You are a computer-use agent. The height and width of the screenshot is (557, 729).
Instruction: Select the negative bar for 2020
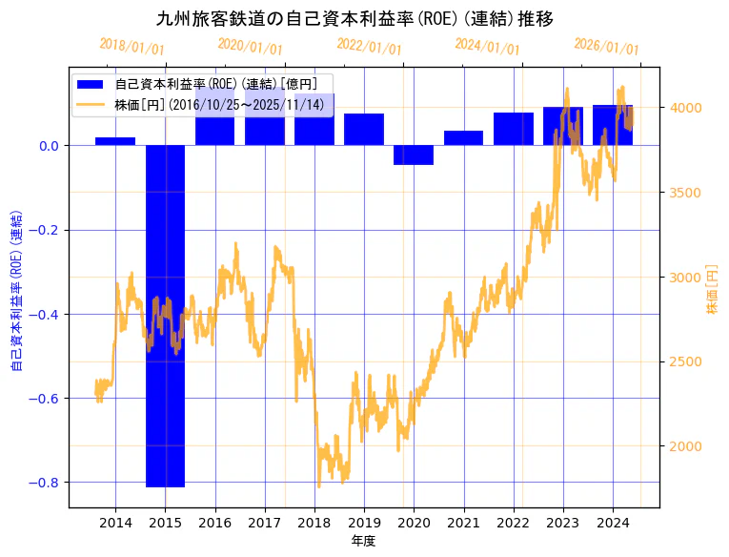pos(414,155)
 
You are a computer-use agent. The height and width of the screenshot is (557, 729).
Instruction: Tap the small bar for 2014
pos(115,141)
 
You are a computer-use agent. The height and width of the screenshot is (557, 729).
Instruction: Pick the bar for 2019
pos(364,130)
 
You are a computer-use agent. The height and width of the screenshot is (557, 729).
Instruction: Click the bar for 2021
pos(463,138)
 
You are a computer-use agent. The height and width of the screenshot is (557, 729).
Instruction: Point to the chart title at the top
pos(354,19)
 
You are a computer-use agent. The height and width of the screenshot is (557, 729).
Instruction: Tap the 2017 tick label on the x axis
pos(265,523)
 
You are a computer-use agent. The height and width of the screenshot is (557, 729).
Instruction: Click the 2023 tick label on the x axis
pos(563,523)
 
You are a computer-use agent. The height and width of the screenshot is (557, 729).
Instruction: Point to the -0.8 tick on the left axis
pos(45,483)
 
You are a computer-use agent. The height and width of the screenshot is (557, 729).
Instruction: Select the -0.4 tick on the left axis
pos(45,315)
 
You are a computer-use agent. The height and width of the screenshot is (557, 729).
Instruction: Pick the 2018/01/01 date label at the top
pos(132,47)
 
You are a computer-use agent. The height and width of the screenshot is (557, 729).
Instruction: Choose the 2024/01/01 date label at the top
pos(488,47)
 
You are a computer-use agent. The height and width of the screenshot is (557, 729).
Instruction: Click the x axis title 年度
pos(364,541)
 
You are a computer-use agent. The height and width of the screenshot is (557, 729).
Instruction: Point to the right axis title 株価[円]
pos(712,290)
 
